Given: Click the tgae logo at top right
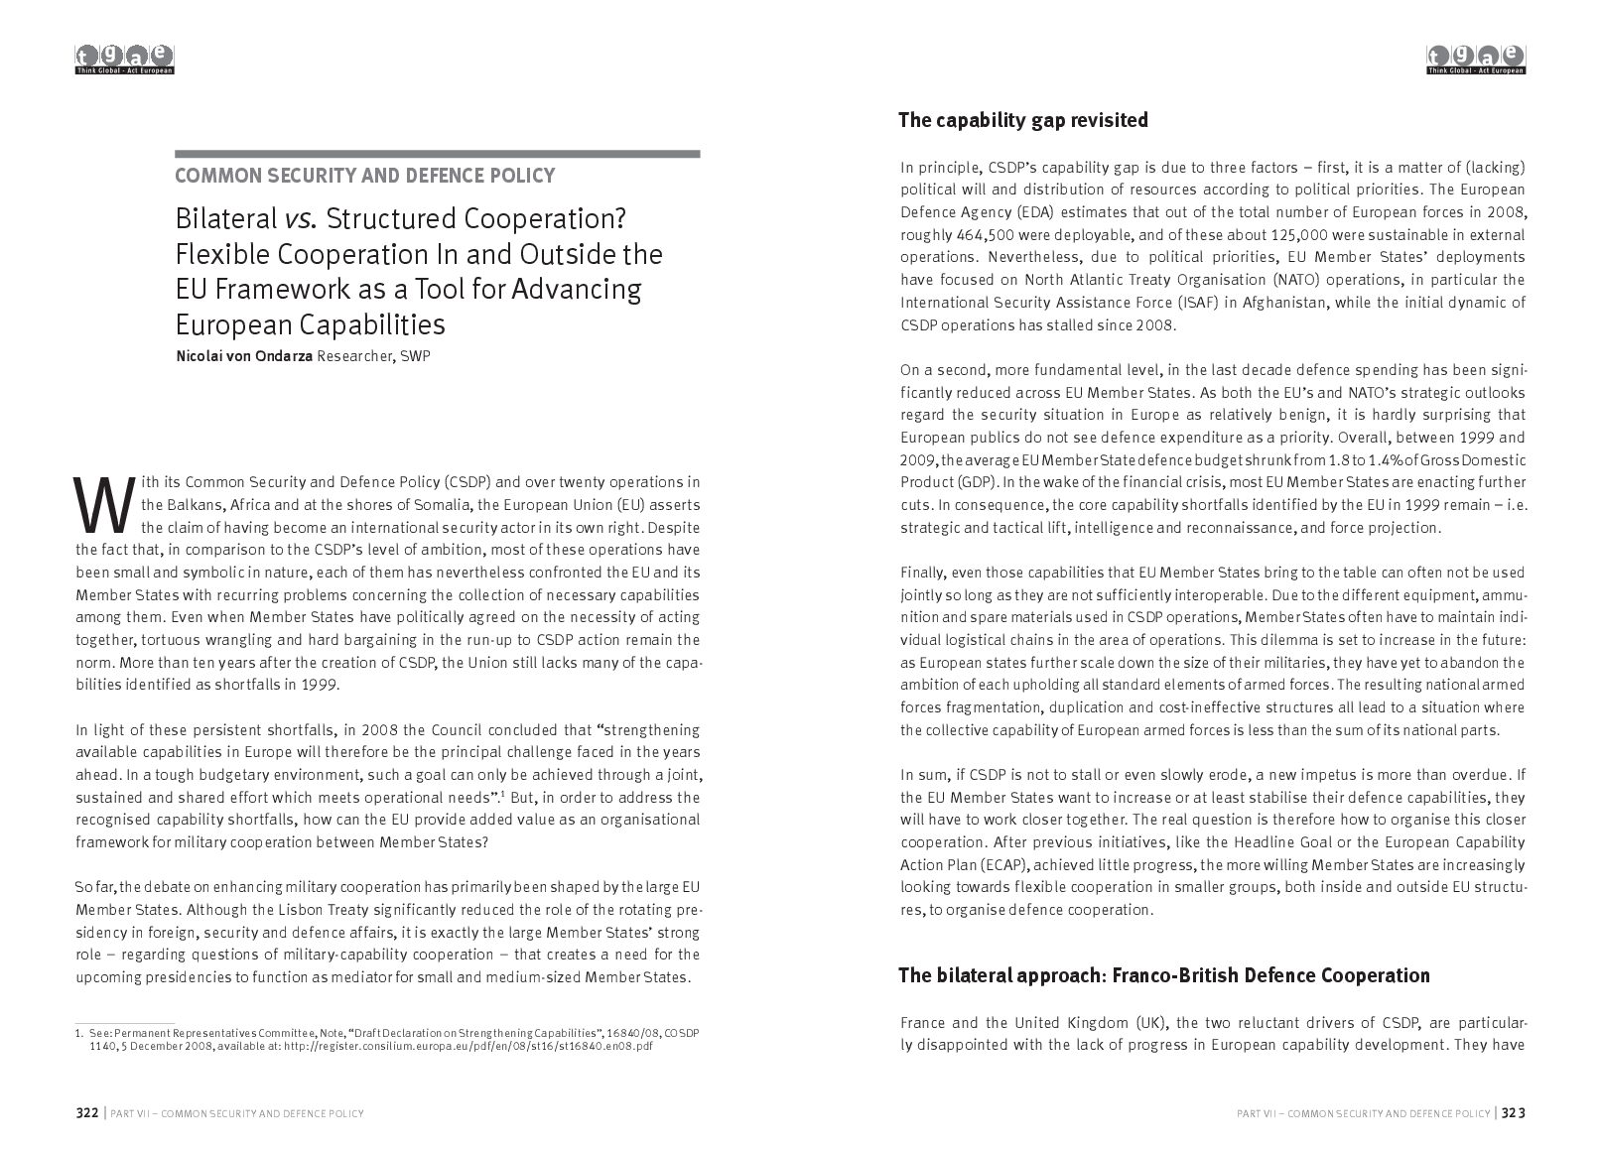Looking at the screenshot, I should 1476,60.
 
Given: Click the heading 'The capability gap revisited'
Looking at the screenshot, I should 1022,121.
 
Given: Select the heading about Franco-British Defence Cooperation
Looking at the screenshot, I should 1163,975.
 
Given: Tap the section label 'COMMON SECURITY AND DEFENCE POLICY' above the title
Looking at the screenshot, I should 364,177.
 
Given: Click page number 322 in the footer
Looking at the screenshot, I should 87,1113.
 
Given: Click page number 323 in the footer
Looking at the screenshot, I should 1513,1113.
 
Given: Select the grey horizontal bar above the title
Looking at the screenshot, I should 438,154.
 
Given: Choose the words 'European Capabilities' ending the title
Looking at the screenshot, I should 310,325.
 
